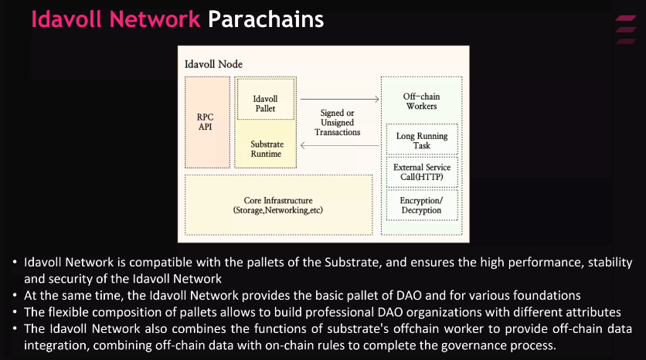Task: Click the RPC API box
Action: tap(205, 121)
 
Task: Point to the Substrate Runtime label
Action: tap(267, 149)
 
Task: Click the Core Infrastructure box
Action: tap(278, 205)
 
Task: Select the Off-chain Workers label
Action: tap(421, 101)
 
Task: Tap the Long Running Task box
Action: tap(422, 141)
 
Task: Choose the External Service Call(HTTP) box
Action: tap(422, 172)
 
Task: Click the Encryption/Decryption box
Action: tap(421, 205)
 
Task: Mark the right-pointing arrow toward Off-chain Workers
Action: tap(340, 99)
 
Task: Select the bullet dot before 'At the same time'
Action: tap(16, 296)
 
